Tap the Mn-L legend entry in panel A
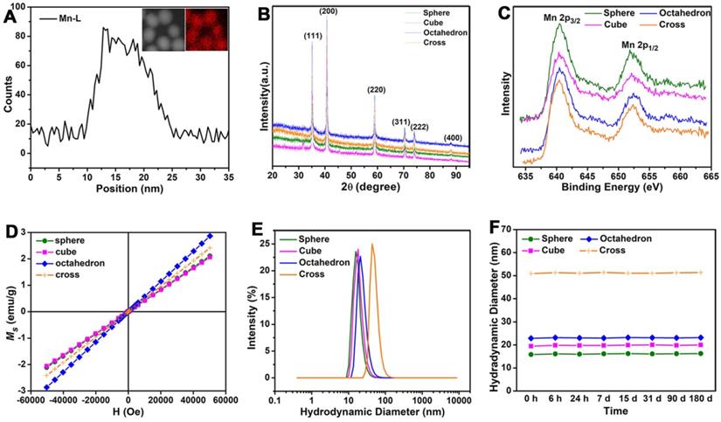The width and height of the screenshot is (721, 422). [65, 17]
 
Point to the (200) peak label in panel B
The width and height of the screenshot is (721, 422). [329, 10]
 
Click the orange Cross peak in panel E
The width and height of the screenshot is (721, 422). [372, 246]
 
